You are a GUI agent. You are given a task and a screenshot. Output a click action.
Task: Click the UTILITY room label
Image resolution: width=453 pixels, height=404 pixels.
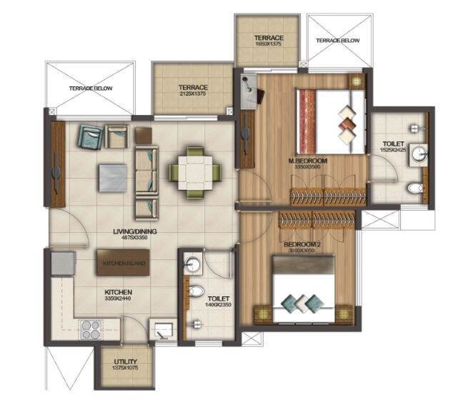(125, 362)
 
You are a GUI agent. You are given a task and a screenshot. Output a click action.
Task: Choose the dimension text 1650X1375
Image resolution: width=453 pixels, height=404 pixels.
(269, 44)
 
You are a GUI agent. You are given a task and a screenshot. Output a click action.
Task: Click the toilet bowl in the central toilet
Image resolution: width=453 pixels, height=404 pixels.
(195, 292)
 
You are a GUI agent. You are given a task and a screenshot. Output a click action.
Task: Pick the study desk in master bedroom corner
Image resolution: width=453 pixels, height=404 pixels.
(250, 93)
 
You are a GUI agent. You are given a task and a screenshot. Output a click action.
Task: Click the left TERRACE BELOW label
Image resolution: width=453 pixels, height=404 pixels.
(89, 88)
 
